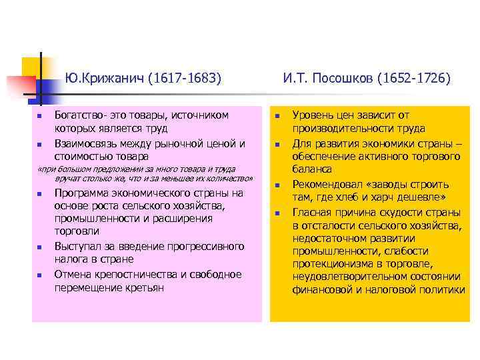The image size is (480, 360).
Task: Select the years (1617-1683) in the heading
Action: click(183, 79)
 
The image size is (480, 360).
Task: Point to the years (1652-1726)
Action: click(413, 79)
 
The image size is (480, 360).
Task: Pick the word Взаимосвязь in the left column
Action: click(86, 143)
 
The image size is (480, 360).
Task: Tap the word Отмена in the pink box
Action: click(72, 274)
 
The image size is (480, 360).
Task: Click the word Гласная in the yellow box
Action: click(313, 213)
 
